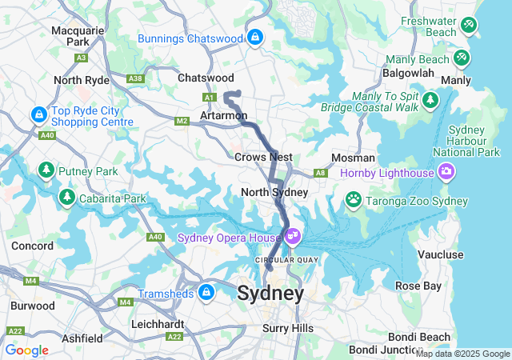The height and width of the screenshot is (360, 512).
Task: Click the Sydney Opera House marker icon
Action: (293, 236)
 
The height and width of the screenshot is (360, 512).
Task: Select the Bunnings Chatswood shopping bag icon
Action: (254, 37)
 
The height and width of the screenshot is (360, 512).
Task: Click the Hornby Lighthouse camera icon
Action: (446, 171)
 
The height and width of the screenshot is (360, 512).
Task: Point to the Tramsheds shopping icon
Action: (206, 293)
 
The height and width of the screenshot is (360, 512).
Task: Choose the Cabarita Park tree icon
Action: (66, 197)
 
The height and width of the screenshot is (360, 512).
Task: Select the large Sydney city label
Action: (270, 294)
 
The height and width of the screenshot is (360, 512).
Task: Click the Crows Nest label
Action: (263, 157)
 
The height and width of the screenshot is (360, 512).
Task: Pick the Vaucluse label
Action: (441, 254)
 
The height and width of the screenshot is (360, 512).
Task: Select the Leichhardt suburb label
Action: (158, 324)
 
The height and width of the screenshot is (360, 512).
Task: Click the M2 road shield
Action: (182, 121)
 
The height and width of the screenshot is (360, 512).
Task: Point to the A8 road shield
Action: (320, 172)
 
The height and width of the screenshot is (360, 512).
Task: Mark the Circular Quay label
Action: (286, 259)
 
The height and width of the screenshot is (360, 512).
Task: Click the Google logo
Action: (27, 350)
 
